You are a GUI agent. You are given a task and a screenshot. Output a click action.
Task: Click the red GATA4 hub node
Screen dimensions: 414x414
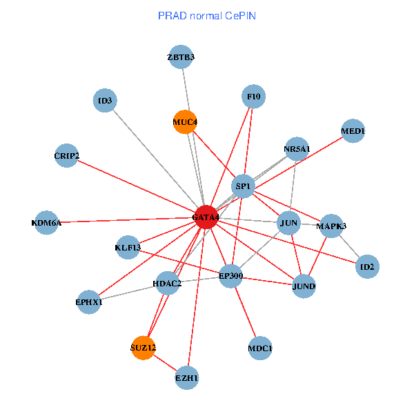(206, 217)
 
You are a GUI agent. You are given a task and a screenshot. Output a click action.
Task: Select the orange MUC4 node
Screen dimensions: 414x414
(185, 122)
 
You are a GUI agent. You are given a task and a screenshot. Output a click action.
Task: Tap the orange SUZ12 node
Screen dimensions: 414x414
(143, 347)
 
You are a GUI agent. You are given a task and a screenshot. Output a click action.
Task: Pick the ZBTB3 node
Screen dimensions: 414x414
(181, 57)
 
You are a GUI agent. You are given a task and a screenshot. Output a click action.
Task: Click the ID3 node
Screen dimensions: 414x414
(105, 101)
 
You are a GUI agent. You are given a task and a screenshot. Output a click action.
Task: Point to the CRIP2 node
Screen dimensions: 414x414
(67, 156)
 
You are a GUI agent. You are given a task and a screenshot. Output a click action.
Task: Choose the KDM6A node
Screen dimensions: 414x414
(46, 223)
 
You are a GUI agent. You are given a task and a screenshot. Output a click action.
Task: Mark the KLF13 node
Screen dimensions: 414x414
(128, 247)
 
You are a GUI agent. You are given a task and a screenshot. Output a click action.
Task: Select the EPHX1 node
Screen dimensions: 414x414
(89, 302)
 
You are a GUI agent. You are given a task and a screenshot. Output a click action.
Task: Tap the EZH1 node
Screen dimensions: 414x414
(187, 378)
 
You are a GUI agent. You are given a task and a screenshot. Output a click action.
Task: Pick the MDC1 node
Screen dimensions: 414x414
(259, 348)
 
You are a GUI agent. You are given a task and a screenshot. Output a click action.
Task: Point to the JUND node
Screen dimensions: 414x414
(304, 286)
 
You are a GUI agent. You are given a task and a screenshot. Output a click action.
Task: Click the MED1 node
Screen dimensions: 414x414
(353, 131)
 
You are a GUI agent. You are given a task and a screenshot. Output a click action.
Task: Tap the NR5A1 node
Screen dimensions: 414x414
(297, 149)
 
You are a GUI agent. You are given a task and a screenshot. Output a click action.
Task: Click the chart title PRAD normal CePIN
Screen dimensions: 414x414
(207, 15)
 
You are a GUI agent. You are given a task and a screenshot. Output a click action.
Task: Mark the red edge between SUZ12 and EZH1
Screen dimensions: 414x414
(165, 362)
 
